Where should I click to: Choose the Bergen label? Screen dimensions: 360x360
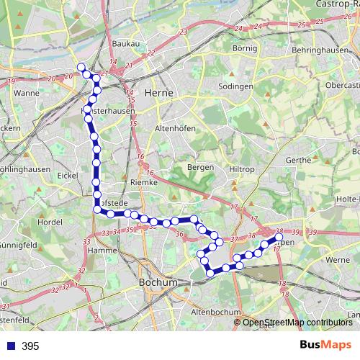(x=201, y=167)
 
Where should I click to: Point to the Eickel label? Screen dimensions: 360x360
(x=67, y=175)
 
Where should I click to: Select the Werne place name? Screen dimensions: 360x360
(x=338, y=259)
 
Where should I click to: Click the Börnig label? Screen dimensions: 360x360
(x=245, y=48)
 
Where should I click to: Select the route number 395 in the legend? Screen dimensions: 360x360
(x=30, y=346)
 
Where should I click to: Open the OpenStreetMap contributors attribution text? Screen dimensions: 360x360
(x=298, y=322)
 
